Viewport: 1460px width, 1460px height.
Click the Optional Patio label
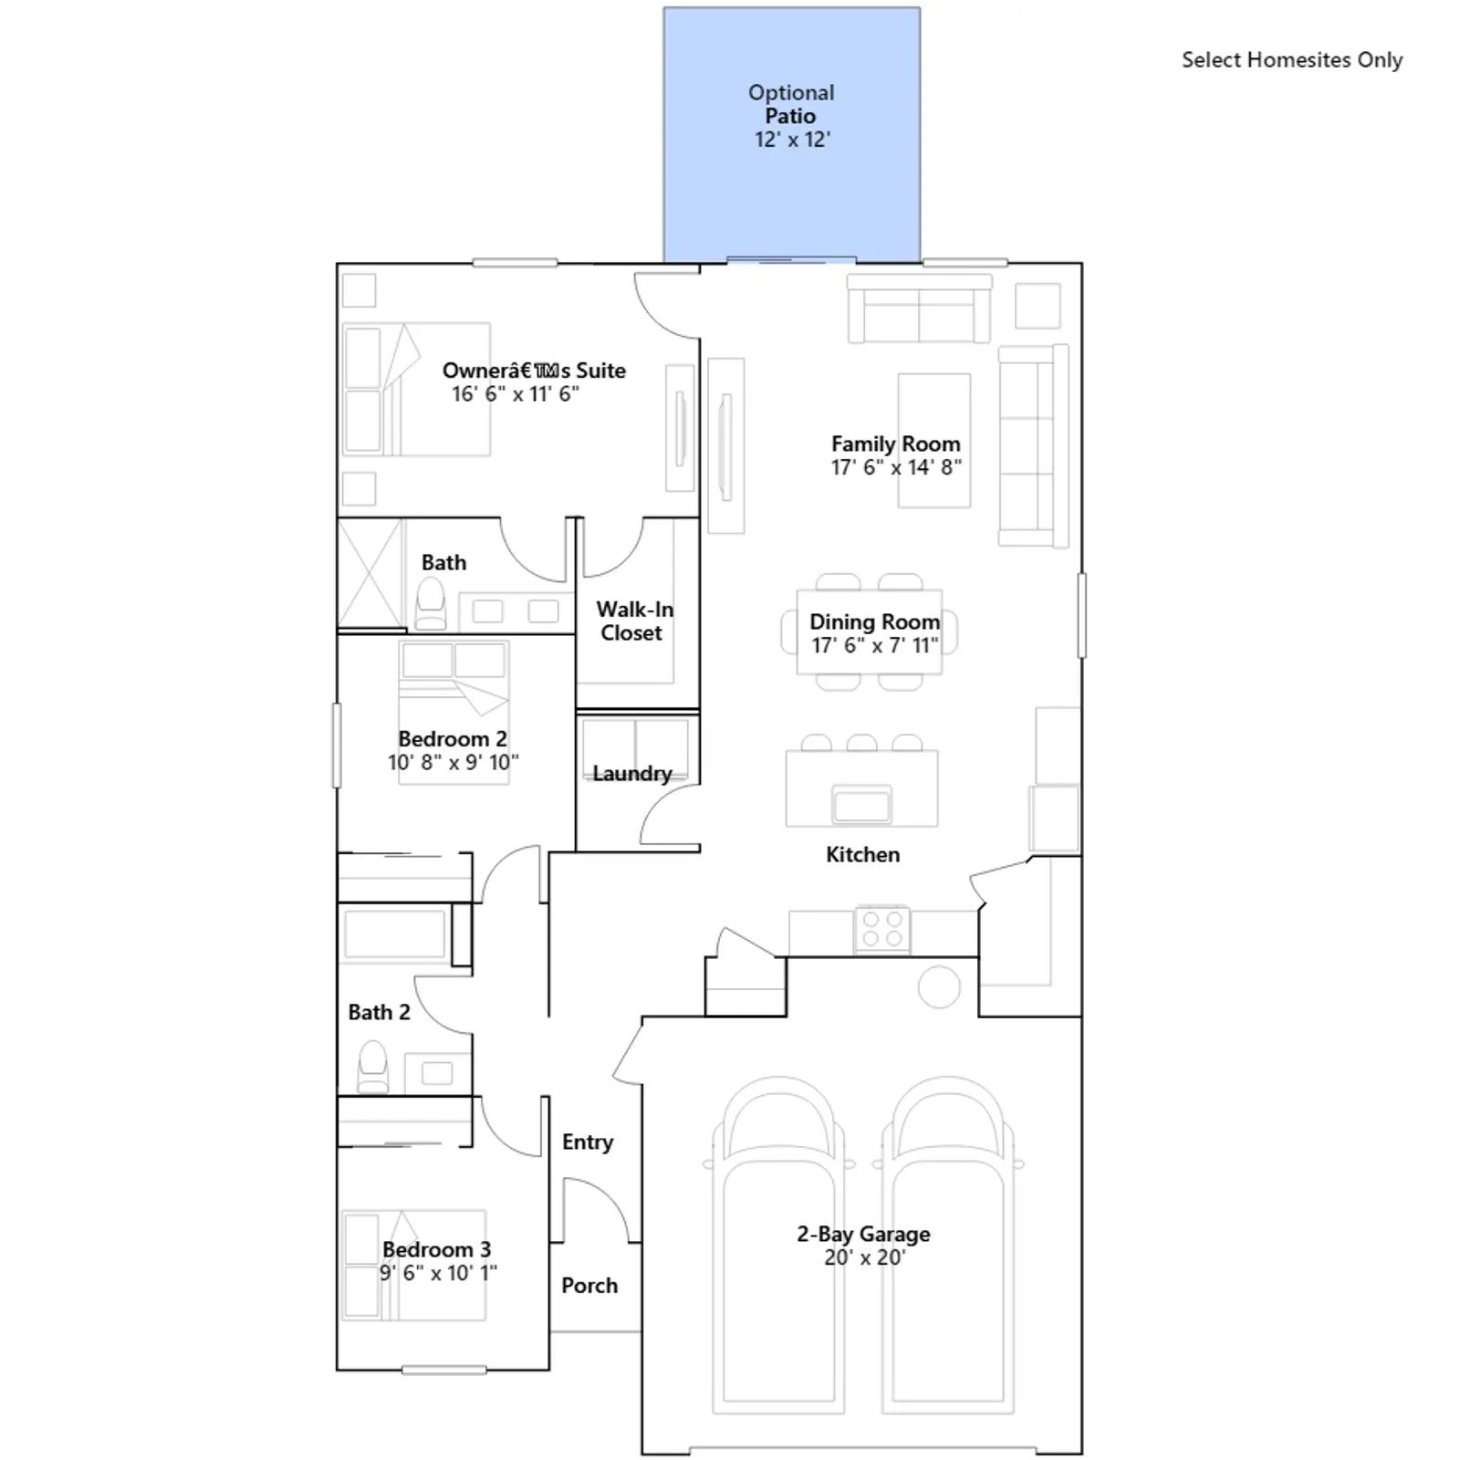[x=790, y=104]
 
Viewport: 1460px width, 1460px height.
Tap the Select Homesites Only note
[x=1292, y=60]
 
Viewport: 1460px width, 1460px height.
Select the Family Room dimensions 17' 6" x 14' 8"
[x=896, y=467]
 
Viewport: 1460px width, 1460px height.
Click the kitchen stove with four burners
[x=882, y=930]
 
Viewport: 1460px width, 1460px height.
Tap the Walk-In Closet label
[x=634, y=620]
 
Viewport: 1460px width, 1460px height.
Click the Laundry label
[x=632, y=774]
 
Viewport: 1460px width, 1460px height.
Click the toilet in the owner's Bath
[x=430, y=604]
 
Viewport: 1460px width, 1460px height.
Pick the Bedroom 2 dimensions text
[x=454, y=762]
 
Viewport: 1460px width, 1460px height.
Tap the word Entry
[x=588, y=1142]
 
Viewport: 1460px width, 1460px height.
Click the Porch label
[x=589, y=1285]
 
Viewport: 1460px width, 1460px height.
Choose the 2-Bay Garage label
[x=863, y=1234]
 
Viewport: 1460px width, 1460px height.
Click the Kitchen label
[x=862, y=854]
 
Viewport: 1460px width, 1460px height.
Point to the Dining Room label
[x=874, y=621]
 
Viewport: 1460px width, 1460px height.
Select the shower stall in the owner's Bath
[x=370, y=573]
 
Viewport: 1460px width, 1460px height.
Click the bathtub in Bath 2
[x=394, y=933]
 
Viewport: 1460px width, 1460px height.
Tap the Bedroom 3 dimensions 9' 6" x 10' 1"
[x=439, y=1273]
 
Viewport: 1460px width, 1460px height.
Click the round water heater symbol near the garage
[x=939, y=986]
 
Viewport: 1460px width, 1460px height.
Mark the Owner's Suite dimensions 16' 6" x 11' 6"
[x=516, y=394]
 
